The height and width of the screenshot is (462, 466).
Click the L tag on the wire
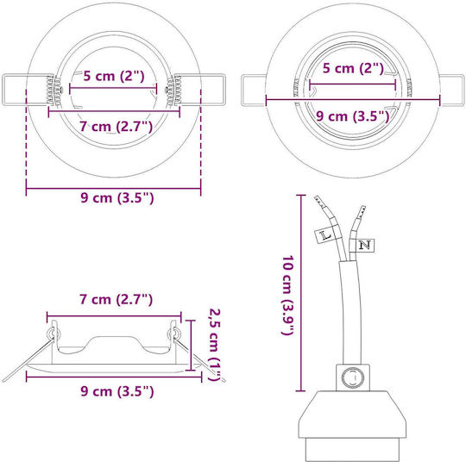pos(324,236)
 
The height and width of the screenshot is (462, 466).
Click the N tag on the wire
pos(365,246)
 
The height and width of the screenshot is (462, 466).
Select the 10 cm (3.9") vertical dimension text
pos(288,295)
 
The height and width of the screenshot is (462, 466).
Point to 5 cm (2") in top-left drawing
pos(114,76)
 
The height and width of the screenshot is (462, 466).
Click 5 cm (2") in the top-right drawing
pos(353,68)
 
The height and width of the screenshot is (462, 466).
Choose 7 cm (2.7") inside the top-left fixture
pos(116,127)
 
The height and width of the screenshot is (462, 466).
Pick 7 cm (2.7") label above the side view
pos(116,299)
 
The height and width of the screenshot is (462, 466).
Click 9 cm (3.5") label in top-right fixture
pos(352,116)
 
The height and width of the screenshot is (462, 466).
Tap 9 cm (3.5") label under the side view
pos(117,391)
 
